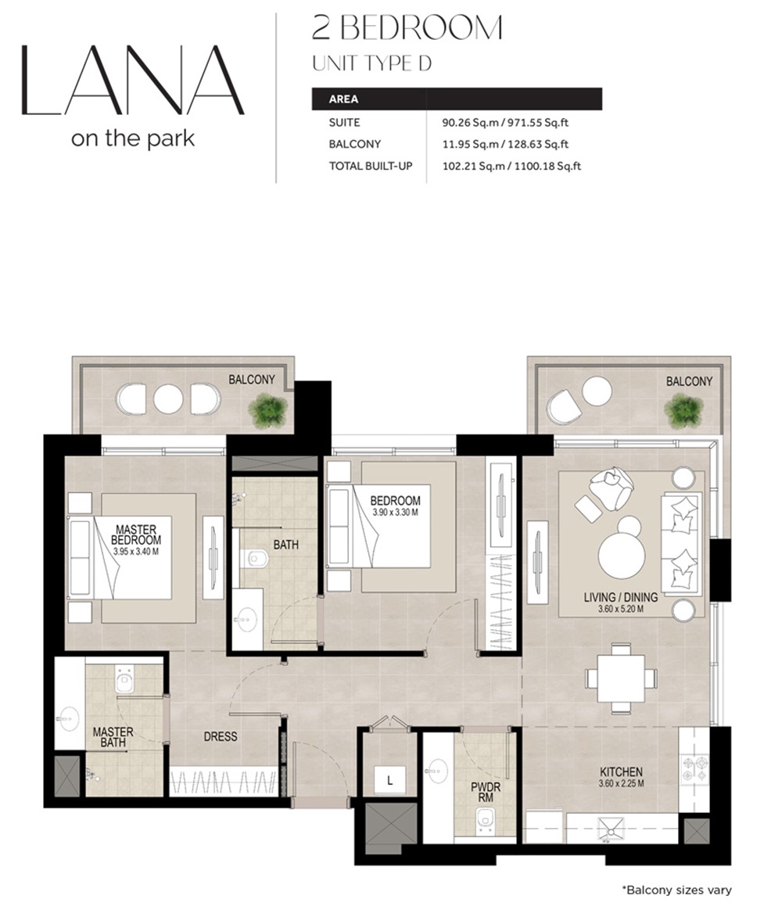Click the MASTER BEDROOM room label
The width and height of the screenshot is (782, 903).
click(x=135, y=534)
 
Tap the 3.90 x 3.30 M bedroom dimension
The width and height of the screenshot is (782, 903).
click(x=395, y=513)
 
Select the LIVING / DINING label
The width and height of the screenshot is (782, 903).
click(x=620, y=597)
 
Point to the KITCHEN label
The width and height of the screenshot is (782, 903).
click(x=622, y=772)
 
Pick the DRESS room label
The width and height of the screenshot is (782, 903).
click(x=220, y=736)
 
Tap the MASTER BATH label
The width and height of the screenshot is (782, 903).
click(x=113, y=738)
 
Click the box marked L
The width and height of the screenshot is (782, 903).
click(x=389, y=779)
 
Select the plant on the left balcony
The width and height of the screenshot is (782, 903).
click(x=268, y=410)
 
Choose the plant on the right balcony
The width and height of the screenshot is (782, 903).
click(x=683, y=410)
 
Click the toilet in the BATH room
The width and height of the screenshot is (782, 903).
click(x=255, y=559)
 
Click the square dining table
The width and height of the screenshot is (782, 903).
click(x=621, y=678)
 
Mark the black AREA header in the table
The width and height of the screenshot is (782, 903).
click(x=457, y=99)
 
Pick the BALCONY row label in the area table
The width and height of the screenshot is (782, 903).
click(x=355, y=144)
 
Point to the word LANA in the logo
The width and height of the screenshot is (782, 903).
click(x=132, y=81)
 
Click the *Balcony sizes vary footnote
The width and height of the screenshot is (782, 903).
click(x=676, y=890)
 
